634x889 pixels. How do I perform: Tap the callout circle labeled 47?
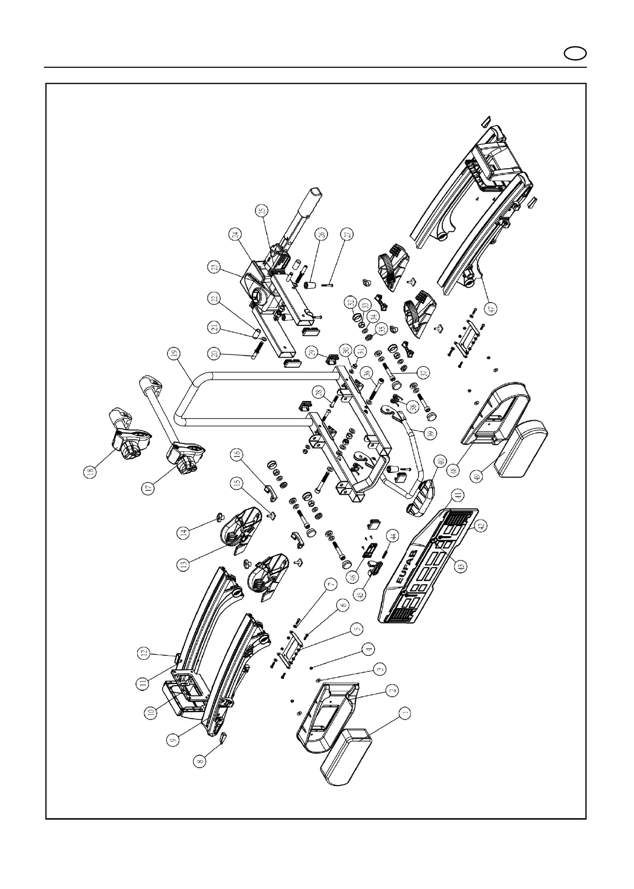(492, 307)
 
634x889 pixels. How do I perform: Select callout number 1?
(406, 713)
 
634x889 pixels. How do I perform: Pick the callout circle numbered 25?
(262, 211)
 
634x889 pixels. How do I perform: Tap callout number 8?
(201, 761)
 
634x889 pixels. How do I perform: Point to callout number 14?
(184, 532)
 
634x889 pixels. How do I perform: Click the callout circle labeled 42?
(480, 526)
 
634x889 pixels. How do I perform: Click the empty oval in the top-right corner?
(575, 53)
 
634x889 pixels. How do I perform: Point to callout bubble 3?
(380, 669)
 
